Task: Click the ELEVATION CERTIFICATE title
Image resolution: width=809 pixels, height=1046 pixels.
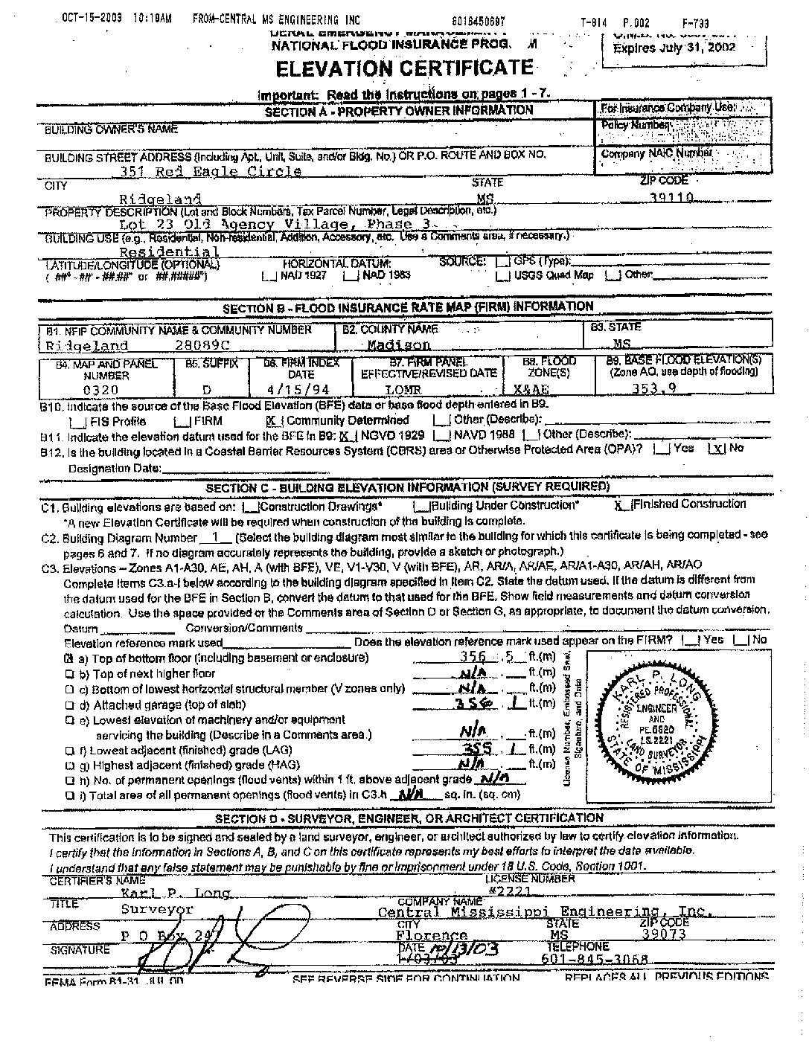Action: click(404, 68)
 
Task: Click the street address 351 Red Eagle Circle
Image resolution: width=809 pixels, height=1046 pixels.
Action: click(211, 171)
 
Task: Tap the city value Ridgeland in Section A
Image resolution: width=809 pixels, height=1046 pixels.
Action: click(160, 199)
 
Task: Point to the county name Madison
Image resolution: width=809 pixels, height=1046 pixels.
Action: click(399, 344)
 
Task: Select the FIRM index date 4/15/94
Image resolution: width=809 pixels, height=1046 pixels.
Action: click(298, 389)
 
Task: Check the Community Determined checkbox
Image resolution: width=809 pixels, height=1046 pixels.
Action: click(273, 420)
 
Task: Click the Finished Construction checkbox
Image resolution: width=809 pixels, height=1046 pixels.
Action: click(619, 505)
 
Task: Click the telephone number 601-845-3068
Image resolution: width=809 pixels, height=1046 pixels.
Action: click(597, 959)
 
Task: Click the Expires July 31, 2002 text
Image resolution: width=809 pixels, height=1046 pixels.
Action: click(674, 47)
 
